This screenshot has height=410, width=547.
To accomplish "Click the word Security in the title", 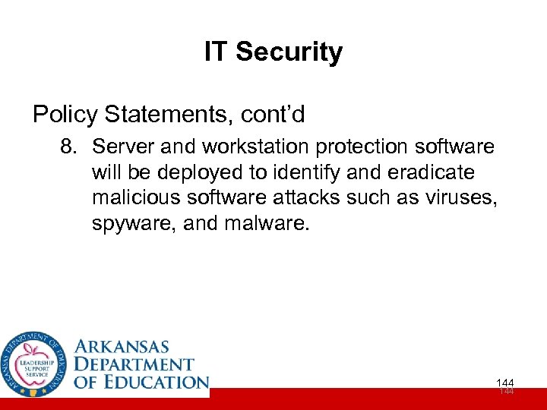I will tap(289, 52).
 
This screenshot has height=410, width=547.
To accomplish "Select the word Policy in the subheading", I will tap(65, 115).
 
